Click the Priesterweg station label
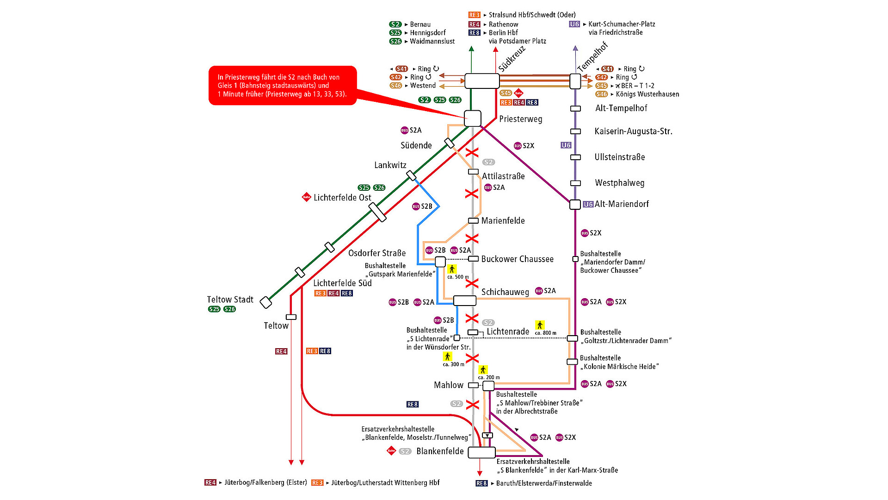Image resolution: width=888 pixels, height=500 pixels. pos(520,119)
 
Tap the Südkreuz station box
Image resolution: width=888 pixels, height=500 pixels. pos(482,81)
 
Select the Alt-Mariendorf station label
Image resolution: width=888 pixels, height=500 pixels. pos(622,204)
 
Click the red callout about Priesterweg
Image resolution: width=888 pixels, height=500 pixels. pos(283,86)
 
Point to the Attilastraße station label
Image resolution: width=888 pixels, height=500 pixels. pos(503,176)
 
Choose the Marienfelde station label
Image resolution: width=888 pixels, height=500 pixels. pos(503,221)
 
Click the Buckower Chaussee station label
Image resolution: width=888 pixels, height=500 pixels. pos(517,259)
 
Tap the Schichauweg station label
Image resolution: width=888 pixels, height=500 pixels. pos(505,292)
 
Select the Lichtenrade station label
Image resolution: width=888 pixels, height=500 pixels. pos(508,331)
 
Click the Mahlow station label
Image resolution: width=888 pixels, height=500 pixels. pos(448,385)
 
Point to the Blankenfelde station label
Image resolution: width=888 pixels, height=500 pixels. pos(440,451)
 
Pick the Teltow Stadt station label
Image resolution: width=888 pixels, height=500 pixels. pos(230,300)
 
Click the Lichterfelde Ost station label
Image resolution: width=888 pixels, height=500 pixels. pos(342,198)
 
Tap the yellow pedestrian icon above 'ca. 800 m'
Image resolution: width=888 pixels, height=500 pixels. pos(540,325)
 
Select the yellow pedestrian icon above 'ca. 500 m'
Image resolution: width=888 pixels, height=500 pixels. pos(452,269)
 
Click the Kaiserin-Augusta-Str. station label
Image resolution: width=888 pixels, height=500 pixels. pos(633,131)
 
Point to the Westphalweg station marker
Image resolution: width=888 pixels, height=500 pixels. pos(575,183)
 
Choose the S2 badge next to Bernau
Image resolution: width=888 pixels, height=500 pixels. pos(395,25)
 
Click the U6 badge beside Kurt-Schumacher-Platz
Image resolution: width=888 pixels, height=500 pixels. pos(574,24)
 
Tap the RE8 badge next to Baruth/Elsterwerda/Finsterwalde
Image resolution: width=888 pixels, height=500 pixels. pos(481,483)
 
